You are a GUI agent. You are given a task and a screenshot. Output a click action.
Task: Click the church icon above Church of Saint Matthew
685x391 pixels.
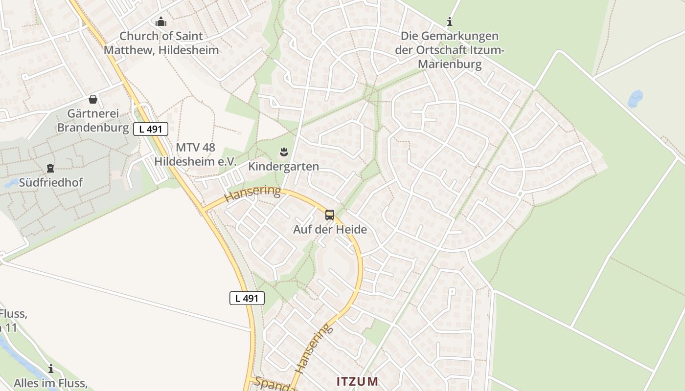[x=161, y=22]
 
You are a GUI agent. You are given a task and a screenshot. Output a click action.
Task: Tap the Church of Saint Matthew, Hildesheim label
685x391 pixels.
[x=161, y=43]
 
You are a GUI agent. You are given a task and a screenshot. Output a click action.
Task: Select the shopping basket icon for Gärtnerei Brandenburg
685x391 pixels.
[x=93, y=100]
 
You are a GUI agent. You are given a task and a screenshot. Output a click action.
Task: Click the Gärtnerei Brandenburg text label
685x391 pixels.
[x=93, y=121]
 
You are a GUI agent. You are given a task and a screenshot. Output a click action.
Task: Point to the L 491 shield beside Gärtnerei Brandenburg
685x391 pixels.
[x=151, y=129]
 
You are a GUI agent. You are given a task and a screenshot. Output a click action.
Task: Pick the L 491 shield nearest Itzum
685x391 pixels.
[x=247, y=298]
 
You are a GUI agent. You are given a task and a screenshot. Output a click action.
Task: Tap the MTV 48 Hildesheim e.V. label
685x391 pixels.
[x=196, y=154]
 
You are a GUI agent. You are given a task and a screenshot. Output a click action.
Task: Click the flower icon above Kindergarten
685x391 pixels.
[x=283, y=152]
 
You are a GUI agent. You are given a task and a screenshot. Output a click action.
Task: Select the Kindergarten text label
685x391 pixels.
[x=283, y=167]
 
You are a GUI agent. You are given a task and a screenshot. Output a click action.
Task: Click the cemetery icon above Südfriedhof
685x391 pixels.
[x=50, y=169]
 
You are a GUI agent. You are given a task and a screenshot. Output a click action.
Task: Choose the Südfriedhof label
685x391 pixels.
[x=51, y=183]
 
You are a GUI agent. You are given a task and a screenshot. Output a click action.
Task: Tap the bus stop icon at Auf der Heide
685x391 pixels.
[x=330, y=215]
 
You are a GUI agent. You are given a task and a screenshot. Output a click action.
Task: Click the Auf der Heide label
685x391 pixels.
[x=330, y=229]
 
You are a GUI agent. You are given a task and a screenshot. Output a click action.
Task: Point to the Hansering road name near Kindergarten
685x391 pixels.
[x=252, y=194]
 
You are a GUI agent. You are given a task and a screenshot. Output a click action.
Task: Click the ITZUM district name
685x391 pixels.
[x=357, y=381]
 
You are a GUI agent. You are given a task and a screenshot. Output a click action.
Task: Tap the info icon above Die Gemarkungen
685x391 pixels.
[x=450, y=22]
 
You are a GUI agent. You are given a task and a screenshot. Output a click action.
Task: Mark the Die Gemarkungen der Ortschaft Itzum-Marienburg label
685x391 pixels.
[x=450, y=50]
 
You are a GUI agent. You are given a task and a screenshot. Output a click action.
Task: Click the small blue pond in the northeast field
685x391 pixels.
[x=635, y=99]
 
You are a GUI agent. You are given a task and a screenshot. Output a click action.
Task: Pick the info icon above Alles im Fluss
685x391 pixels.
[x=50, y=369]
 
